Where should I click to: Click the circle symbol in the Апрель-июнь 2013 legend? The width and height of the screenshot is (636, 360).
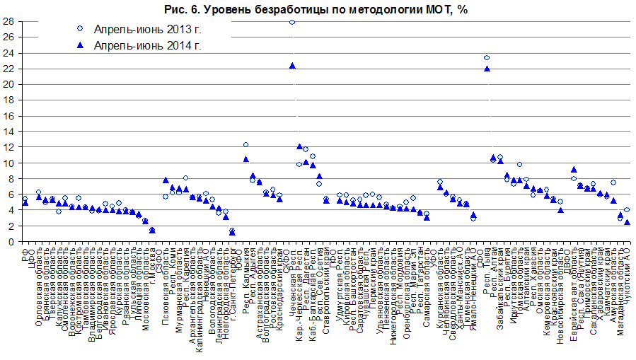click(x=80, y=29)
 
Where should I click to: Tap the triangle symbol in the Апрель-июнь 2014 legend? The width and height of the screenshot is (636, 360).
click(x=80, y=45)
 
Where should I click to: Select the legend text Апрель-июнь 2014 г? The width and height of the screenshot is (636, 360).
click(x=138, y=46)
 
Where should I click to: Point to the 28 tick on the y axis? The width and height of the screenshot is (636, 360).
click(x=10, y=22)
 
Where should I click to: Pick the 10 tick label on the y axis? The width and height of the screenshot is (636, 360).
click(x=10, y=163)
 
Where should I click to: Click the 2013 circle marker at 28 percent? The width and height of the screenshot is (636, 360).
click(x=292, y=22)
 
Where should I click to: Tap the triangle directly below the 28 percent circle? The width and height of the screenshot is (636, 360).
click(x=292, y=66)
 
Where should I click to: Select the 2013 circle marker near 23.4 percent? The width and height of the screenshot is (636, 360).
click(x=487, y=58)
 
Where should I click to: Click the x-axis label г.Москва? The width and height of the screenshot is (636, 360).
click(x=152, y=269)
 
